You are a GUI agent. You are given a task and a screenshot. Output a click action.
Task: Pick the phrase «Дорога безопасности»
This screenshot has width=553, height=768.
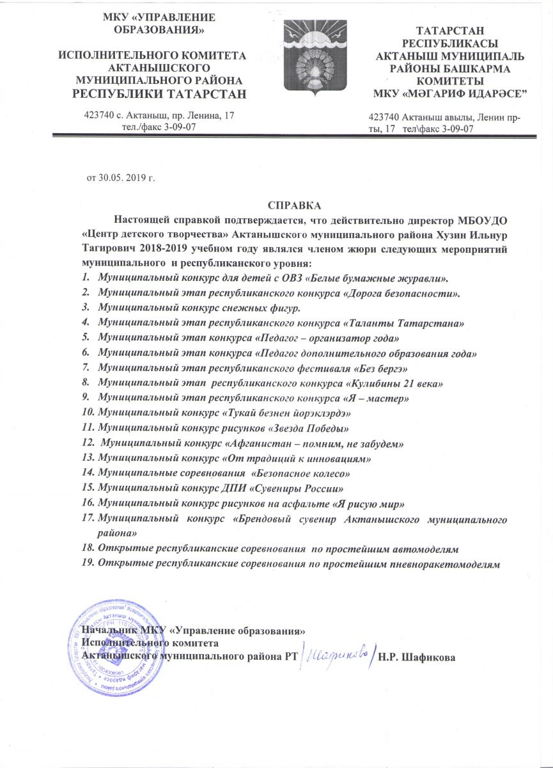(x=403, y=293)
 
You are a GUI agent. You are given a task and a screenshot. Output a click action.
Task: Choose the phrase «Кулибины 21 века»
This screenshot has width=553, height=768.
(x=394, y=382)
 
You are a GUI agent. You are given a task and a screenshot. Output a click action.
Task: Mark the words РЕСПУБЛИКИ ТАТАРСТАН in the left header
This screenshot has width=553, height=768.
(x=152, y=95)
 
